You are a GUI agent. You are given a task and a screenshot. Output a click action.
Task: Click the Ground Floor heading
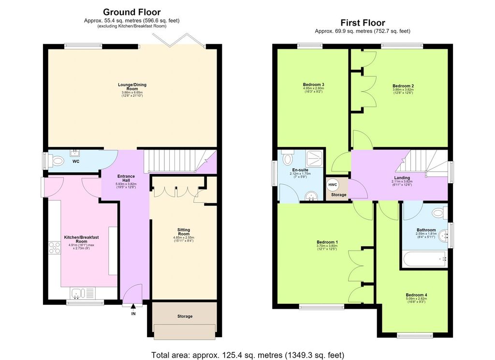click(x=131, y=12)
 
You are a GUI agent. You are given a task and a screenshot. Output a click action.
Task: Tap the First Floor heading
click(x=363, y=23)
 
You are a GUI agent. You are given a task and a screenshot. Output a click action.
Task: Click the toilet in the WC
click(x=57, y=161)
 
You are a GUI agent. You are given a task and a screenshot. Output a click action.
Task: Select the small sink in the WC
click(x=75, y=153)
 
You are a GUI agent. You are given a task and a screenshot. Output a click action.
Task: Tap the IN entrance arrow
click(x=133, y=306)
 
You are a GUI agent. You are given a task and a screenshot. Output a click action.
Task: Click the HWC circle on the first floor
click(x=333, y=185)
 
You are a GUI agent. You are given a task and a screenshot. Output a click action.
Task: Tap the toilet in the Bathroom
click(x=440, y=212)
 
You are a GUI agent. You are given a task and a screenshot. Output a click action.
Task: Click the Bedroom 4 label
click(x=416, y=295)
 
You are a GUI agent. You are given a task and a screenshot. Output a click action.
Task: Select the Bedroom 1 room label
click(x=327, y=242)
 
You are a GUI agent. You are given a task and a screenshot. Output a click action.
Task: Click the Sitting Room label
click(x=184, y=232)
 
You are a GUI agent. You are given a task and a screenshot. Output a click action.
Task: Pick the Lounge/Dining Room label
click(x=132, y=87)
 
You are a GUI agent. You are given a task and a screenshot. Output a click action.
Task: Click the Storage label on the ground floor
click(x=185, y=316)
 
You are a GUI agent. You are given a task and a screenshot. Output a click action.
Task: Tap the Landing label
click(x=402, y=178)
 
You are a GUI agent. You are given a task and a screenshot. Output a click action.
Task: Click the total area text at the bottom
click(x=247, y=355)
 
